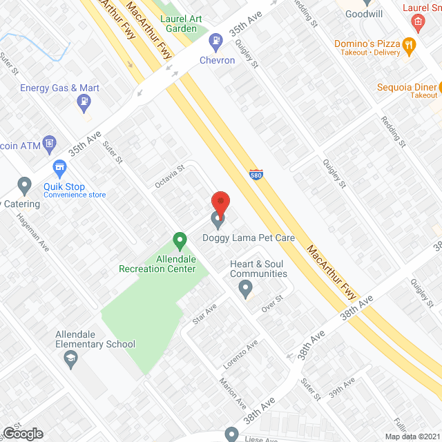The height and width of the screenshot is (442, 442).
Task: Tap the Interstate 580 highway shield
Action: pos(256,175)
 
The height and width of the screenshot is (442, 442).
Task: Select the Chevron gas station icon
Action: pos(216,41)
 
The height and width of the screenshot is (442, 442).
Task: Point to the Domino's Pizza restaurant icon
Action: pos(410,46)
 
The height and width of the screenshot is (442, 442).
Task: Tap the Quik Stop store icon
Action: pos(59,168)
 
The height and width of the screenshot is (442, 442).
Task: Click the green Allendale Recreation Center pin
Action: pos(180,242)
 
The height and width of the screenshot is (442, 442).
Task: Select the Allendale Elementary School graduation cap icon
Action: pos(70,358)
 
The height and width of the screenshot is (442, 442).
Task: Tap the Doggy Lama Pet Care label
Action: pos(249,238)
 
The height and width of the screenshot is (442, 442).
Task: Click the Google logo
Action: pos(22,433)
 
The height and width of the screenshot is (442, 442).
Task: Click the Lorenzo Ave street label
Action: pos(240,354)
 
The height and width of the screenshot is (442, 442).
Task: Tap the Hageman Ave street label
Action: pos(35,231)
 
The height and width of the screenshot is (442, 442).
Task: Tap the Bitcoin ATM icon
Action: pos(49,144)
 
